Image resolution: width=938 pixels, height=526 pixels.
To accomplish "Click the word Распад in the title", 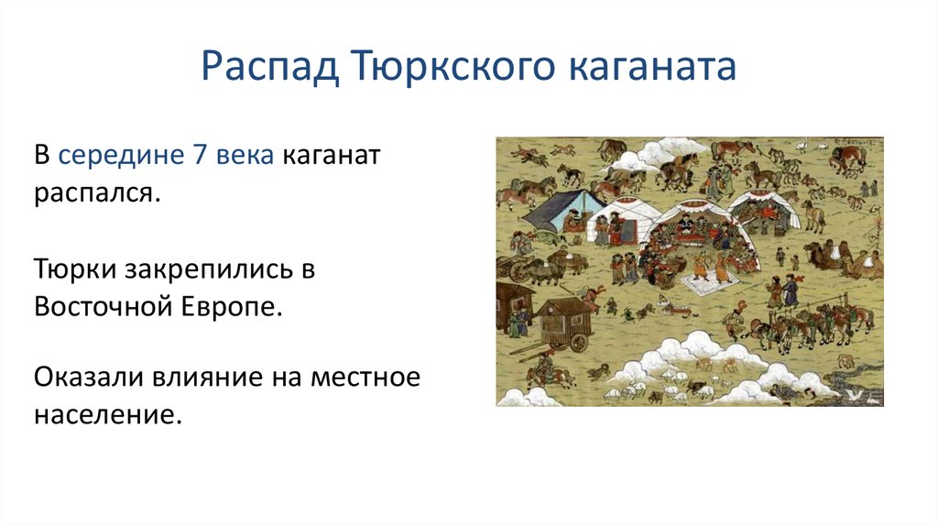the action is [x=270, y=66].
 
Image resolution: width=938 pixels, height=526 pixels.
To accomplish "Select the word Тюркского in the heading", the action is [x=453, y=66].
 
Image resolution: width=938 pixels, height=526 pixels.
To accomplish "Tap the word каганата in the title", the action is [x=651, y=67].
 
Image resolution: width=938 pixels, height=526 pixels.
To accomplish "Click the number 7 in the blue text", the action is [x=200, y=154].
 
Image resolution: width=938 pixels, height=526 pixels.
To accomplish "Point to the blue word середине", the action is [x=121, y=156].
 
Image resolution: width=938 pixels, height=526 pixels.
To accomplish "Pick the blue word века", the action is [x=245, y=156].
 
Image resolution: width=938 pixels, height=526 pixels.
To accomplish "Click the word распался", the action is [x=97, y=194].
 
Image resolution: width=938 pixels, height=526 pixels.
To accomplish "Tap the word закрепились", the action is [x=210, y=270].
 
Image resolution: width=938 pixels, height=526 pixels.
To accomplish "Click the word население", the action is [x=108, y=416].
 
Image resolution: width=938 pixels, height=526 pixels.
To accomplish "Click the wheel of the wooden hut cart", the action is [x=579, y=342].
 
